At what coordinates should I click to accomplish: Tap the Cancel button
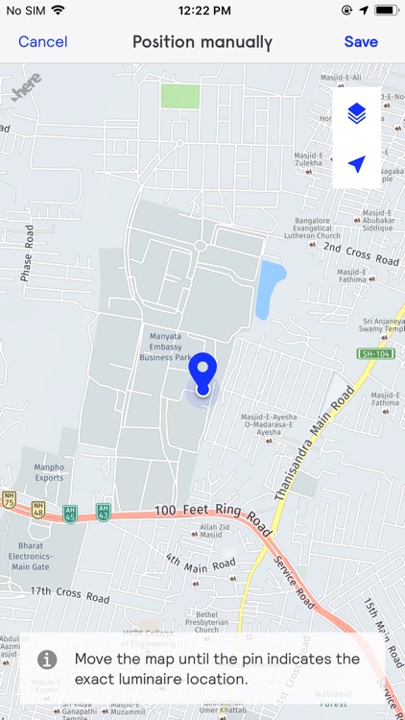[42, 42]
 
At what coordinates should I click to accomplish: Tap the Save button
[361, 42]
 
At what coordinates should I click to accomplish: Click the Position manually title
[202, 42]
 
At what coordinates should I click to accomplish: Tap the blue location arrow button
[357, 164]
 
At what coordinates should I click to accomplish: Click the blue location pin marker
[202, 372]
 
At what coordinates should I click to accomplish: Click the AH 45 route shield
[70, 514]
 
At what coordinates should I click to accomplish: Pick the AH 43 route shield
[103, 512]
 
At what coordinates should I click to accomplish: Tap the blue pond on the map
[271, 288]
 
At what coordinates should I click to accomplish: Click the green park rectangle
[180, 96]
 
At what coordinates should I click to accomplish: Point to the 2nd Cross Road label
[360, 254]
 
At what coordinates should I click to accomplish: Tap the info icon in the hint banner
[47, 660]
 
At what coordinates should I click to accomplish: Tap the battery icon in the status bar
[385, 10]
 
